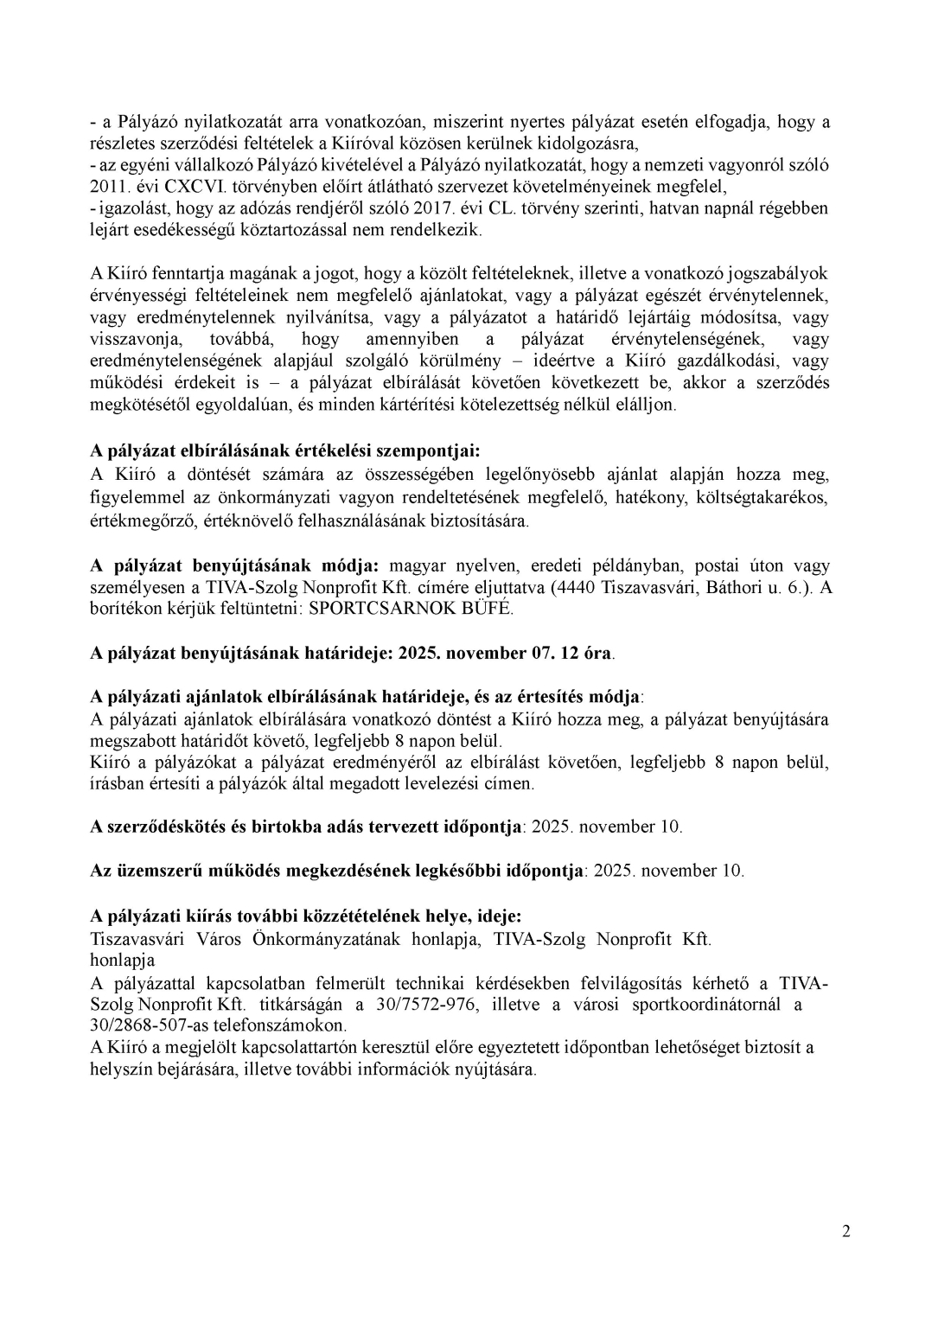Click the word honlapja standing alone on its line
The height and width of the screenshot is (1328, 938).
pyautogui.click(x=122, y=961)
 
